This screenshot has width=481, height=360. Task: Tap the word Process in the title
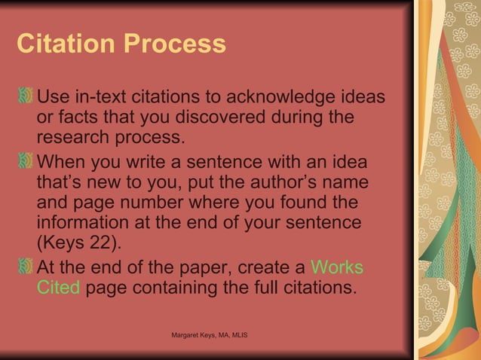click(x=177, y=44)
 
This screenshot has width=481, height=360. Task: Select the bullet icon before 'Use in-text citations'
click(x=26, y=98)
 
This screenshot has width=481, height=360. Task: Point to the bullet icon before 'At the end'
click(x=26, y=268)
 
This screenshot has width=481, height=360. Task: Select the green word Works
click(x=336, y=268)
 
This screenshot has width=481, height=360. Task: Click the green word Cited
click(x=58, y=288)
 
